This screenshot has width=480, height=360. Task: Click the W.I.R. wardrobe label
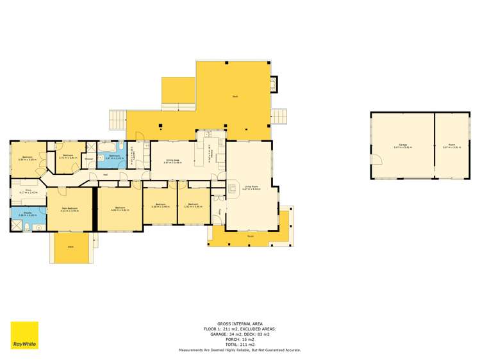pyautogui.click(x=28, y=191)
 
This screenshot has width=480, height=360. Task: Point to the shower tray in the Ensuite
pyautogui.click(x=15, y=225)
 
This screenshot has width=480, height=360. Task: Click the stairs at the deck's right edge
pyautogui.click(x=279, y=117)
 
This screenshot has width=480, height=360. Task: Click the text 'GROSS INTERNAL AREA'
pyautogui.click(x=240, y=324)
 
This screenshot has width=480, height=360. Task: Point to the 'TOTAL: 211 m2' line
pyautogui.click(x=240, y=345)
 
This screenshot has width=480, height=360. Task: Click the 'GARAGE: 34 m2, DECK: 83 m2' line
pyautogui.click(x=240, y=334)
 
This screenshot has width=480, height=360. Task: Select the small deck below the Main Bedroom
pyautogui.click(x=70, y=248)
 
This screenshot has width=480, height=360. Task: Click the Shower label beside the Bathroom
pyautogui.click(x=89, y=158)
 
